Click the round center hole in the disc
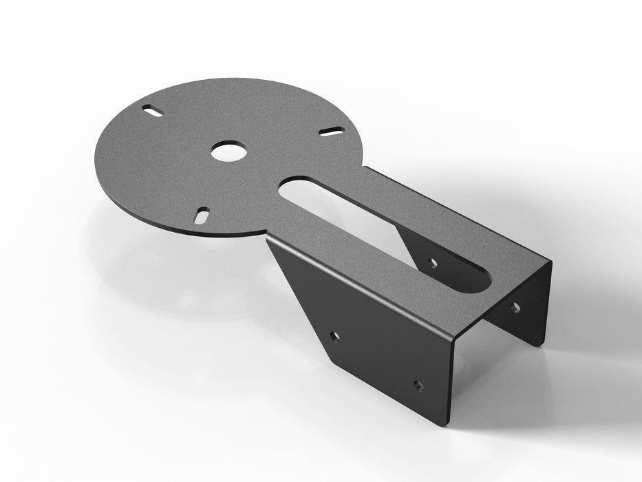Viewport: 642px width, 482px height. point(226,151)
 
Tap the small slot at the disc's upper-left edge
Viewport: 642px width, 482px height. point(152,110)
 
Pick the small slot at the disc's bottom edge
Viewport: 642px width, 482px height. point(203,215)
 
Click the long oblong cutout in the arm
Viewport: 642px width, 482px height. point(385,227)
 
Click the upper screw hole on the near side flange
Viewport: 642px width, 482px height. point(334,337)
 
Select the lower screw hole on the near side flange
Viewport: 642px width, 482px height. point(418,384)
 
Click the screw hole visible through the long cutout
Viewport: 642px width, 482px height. point(432,262)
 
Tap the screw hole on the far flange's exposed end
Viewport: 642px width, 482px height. point(515,307)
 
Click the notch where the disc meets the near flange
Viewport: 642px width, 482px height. point(266,236)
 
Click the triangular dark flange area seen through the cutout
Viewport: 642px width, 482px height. point(413,248)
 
